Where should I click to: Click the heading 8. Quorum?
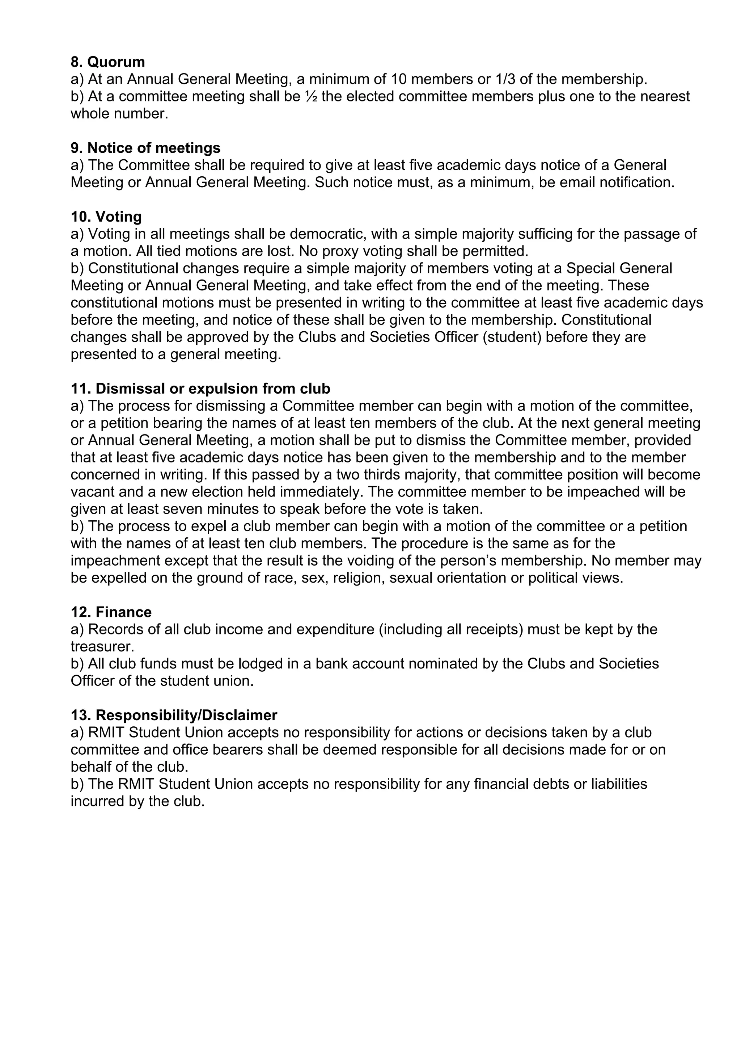[x=108, y=62]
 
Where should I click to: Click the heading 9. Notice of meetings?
[x=145, y=148]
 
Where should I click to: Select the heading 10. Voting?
[x=106, y=216]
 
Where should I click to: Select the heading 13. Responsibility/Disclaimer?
[x=174, y=715]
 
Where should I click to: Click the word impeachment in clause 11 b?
[x=115, y=561]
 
